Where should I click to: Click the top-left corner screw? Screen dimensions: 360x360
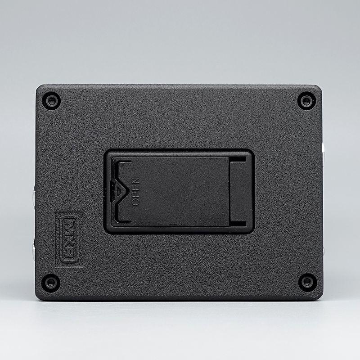coord(52,101)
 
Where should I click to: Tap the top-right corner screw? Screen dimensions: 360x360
coord(306,101)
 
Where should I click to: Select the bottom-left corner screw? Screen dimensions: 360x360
coord(51,283)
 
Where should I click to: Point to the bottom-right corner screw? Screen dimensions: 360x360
coord(307,282)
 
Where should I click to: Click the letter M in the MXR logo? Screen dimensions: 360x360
coord(70,226)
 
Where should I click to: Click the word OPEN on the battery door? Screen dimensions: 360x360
coord(136,191)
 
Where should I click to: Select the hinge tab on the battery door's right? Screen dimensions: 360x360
coord(238,192)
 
